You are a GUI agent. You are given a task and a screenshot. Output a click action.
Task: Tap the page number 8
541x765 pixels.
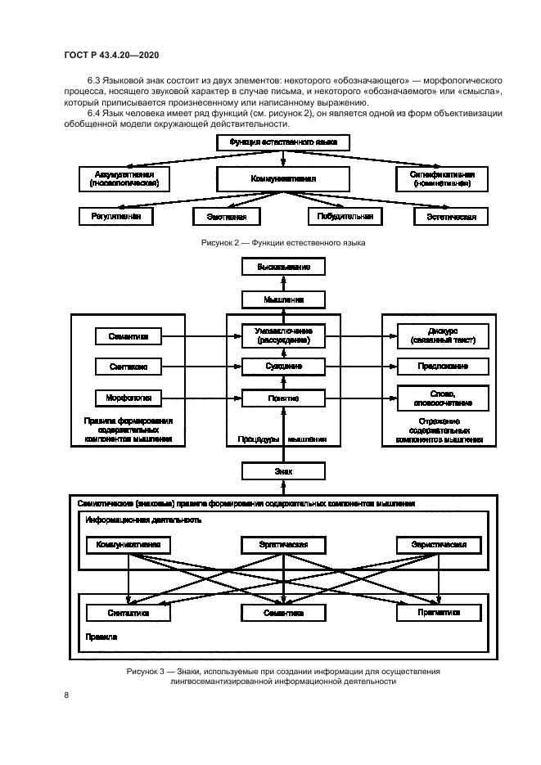point(66,695)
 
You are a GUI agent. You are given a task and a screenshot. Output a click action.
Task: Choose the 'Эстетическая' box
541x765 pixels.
point(451,217)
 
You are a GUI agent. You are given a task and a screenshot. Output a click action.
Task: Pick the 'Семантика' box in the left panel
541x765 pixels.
point(127,335)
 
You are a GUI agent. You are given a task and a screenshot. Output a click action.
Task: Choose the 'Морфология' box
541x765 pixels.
point(127,398)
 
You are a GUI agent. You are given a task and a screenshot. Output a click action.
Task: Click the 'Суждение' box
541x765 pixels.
point(283,367)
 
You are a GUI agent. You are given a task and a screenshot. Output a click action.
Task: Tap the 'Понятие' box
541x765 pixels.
point(283,398)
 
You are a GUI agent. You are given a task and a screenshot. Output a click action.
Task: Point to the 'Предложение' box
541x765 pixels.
point(442,367)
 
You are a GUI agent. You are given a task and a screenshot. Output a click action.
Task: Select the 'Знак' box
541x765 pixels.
point(283,471)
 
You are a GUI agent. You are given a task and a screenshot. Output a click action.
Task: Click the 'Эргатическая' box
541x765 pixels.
point(283,544)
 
